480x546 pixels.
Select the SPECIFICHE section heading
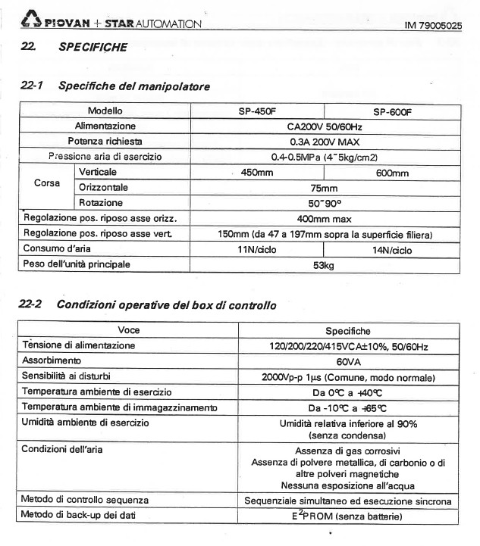pos(93,47)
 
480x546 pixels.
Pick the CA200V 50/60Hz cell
pos(324,126)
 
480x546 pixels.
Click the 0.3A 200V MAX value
pos(324,142)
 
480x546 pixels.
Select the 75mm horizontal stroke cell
pos(324,189)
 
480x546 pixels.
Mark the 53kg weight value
pos(324,265)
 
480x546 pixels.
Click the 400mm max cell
pos(324,219)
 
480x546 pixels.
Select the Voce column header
pos(129,330)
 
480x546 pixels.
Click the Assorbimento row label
pos(55,361)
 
